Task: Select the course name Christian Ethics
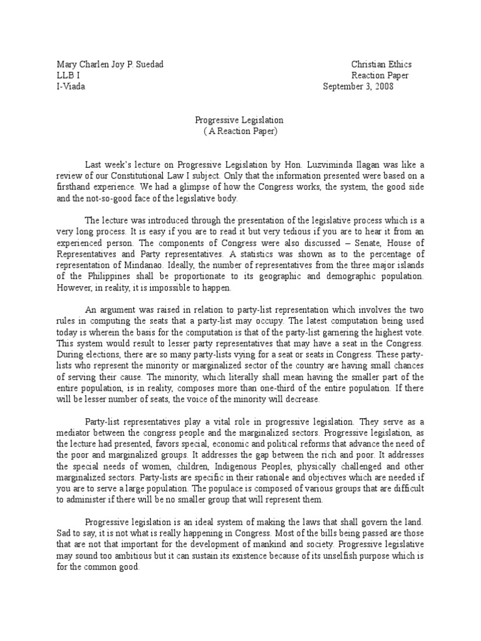(x=381, y=64)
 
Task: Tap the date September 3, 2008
(x=358, y=87)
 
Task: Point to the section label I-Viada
(x=71, y=87)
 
